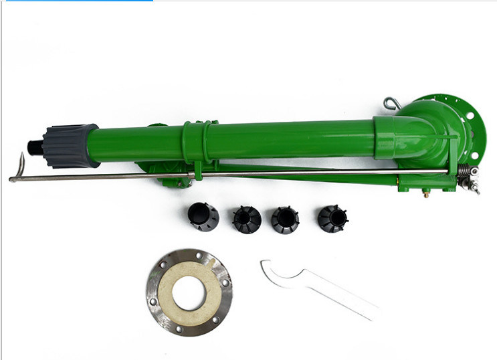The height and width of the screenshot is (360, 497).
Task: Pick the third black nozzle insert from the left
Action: [x=286, y=219]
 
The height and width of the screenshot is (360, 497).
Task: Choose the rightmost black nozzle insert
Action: [x=332, y=217]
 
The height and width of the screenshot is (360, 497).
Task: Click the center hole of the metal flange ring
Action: [x=189, y=292]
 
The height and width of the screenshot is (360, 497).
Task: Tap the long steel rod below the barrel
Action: [x=268, y=175]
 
